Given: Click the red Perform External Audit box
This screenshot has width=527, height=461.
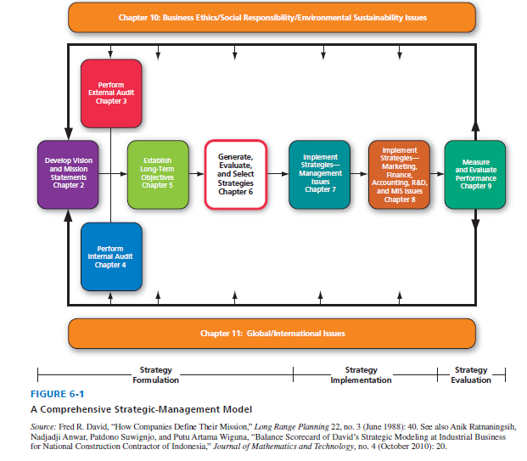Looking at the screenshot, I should [x=110, y=93].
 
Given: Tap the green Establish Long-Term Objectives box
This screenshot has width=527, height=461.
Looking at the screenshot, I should [x=157, y=172].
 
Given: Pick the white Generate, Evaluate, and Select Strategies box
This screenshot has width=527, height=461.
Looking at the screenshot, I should [x=235, y=174].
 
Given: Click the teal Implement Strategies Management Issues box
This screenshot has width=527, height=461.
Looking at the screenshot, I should [x=319, y=173].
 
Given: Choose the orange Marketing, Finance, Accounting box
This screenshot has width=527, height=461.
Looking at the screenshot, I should [x=400, y=174].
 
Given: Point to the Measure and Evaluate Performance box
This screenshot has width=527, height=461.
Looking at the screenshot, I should [x=474, y=173].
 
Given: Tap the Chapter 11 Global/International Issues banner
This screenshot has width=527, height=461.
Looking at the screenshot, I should [x=272, y=334].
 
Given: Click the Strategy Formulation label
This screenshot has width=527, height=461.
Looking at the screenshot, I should [x=156, y=375].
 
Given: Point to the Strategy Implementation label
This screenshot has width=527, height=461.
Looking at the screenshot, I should [x=362, y=375].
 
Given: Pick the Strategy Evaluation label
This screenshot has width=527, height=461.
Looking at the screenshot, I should [x=471, y=375].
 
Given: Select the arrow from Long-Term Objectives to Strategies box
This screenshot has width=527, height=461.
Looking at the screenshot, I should [x=196, y=174].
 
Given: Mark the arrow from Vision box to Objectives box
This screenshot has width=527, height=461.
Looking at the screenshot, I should [x=116, y=173].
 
